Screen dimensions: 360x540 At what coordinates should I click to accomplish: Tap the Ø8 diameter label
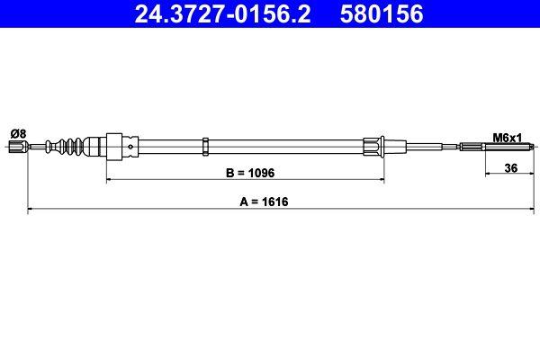tap(18, 133)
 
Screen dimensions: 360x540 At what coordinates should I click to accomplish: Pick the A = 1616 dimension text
tap(269, 202)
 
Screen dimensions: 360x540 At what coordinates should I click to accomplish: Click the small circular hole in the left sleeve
tap(132, 145)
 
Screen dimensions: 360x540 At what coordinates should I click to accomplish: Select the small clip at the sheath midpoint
tap(206, 145)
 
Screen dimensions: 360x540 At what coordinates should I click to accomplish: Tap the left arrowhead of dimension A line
tap(32, 210)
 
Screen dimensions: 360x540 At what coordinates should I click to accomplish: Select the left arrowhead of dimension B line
tap(111, 179)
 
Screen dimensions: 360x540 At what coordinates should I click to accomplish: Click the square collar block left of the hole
tap(114, 145)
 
